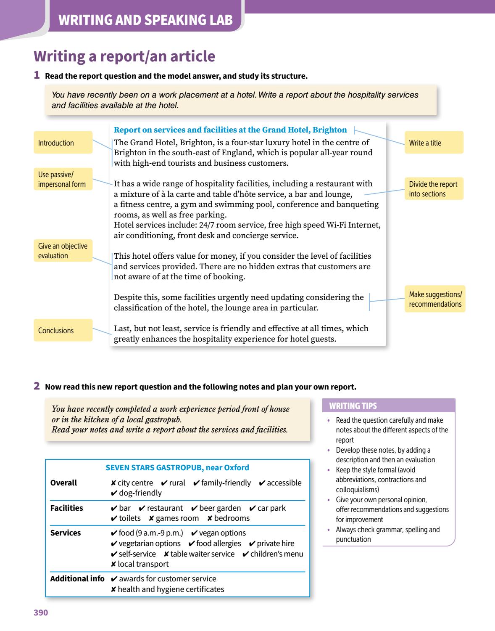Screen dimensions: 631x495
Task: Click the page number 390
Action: tap(41, 612)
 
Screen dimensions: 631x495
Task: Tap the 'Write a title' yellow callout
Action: tap(434, 143)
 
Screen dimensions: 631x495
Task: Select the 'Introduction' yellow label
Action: tap(63, 143)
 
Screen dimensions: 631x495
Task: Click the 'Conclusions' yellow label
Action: tap(63, 330)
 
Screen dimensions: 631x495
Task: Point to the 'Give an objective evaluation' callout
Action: tap(63, 251)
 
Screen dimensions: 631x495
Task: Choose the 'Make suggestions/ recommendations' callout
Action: tap(435, 299)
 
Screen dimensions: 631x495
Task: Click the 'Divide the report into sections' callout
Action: tap(434, 189)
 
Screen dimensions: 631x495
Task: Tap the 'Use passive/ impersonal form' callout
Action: tap(63, 179)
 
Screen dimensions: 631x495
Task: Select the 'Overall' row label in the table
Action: tap(63, 483)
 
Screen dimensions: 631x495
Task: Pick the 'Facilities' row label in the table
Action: tap(66, 508)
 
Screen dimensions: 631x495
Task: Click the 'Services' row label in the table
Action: tap(65, 533)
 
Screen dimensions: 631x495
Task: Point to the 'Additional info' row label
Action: tap(77, 578)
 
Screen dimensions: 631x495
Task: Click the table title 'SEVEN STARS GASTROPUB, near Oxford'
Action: tap(177, 467)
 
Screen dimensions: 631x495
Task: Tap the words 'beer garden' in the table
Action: tap(220, 508)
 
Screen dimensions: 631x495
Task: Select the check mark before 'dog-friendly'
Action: tap(114, 493)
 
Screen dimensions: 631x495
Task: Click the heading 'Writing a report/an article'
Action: tap(124, 56)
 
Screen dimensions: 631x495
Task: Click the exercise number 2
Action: tap(37, 386)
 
